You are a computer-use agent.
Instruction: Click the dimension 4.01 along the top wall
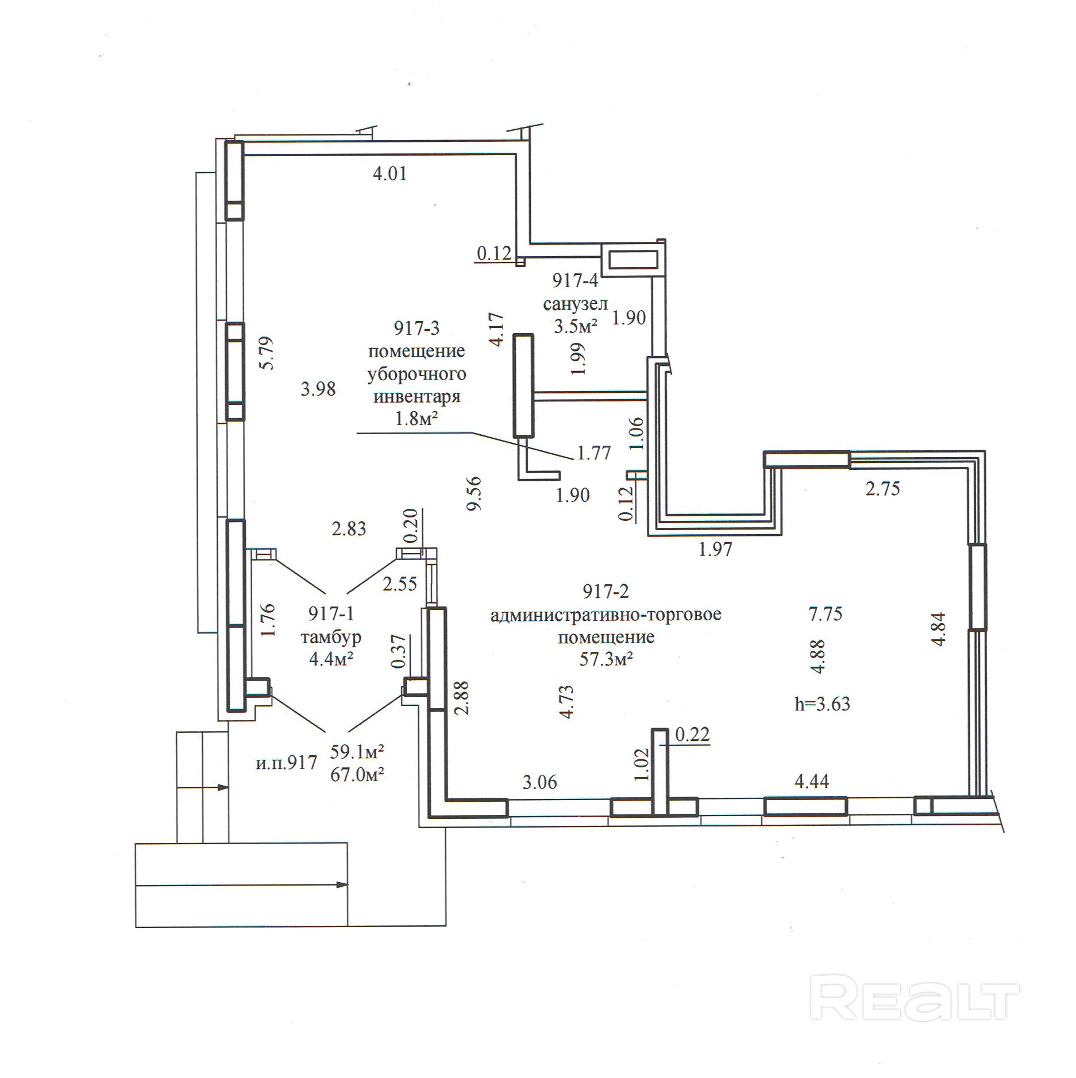pyautogui.click(x=390, y=173)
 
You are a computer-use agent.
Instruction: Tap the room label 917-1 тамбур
pyautogui.click(x=331, y=625)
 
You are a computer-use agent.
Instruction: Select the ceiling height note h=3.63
pyautogui.click(x=822, y=704)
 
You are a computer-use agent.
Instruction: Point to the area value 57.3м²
pyautogui.click(x=606, y=659)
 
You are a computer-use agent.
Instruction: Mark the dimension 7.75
pyautogui.click(x=826, y=614)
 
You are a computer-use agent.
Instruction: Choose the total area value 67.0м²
pyautogui.click(x=357, y=775)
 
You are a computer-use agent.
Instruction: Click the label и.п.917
pyautogui.click(x=286, y=763)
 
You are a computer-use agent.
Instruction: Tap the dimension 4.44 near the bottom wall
pyautogui.click(x=812, y=781)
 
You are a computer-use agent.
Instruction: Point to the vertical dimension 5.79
pyautogui.click(x=267, y=353)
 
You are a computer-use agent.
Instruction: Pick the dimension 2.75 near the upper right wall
pyautogui.click(x=883, y=489)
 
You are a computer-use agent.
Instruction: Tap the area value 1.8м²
pyautogui.click(x=416, y=419)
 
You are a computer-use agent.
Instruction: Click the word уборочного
pyautogui.click(x=416, y=374)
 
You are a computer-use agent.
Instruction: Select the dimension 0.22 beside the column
pyautogui.click(x=692, y=735)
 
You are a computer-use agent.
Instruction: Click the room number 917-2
pyautogui.click(x=606, y=590)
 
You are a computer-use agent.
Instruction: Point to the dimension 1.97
pyautogui.click(x=715, y=550)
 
